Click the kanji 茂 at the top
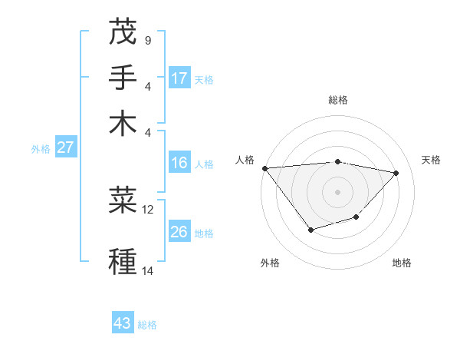pos(123,31)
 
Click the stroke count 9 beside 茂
pos(147,40)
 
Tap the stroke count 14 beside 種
pos(148,270)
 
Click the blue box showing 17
pos(179,78)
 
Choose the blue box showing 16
pos(179,163)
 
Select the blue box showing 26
pos(179,232)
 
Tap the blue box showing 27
pos(65,147)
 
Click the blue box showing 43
pos(123,323)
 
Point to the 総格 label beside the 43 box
pos(147,325)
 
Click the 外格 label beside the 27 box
pos(41,149)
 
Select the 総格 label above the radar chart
pos(338,100)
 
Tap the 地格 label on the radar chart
pos(402,263)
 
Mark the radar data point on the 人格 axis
pos(265,168)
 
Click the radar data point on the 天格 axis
pos(396,173)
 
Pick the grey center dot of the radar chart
pos(338,191)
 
